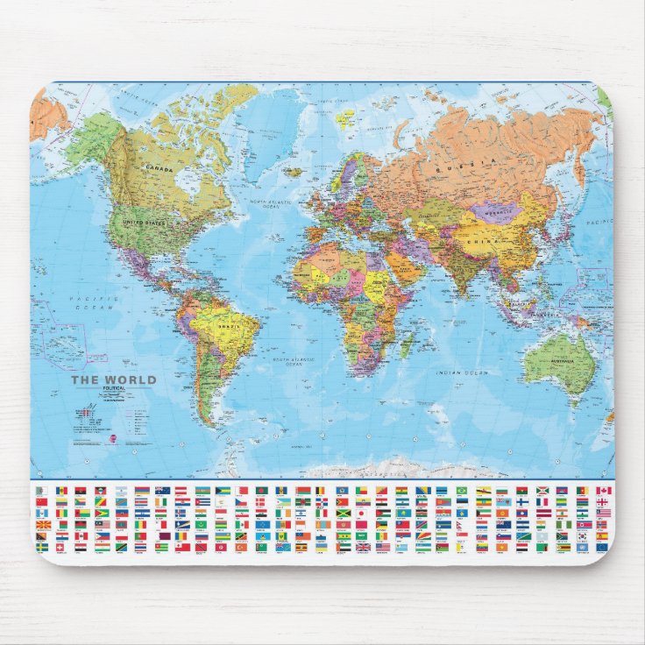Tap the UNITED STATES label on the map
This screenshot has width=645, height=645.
point(144,223)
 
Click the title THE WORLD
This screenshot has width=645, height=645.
point(113,380)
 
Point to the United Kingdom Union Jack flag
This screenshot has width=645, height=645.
point(363,547)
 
